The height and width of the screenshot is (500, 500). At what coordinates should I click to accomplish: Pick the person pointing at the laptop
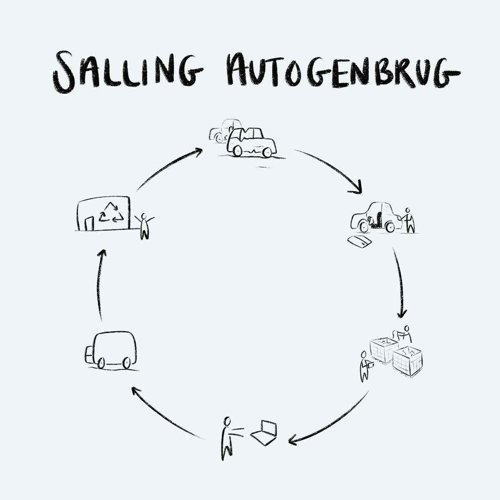227,437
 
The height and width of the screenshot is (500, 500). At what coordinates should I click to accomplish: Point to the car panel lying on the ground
359,240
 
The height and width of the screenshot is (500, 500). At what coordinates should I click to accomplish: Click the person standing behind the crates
405,333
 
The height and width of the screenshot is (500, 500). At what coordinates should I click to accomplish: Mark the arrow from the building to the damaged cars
167,167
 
